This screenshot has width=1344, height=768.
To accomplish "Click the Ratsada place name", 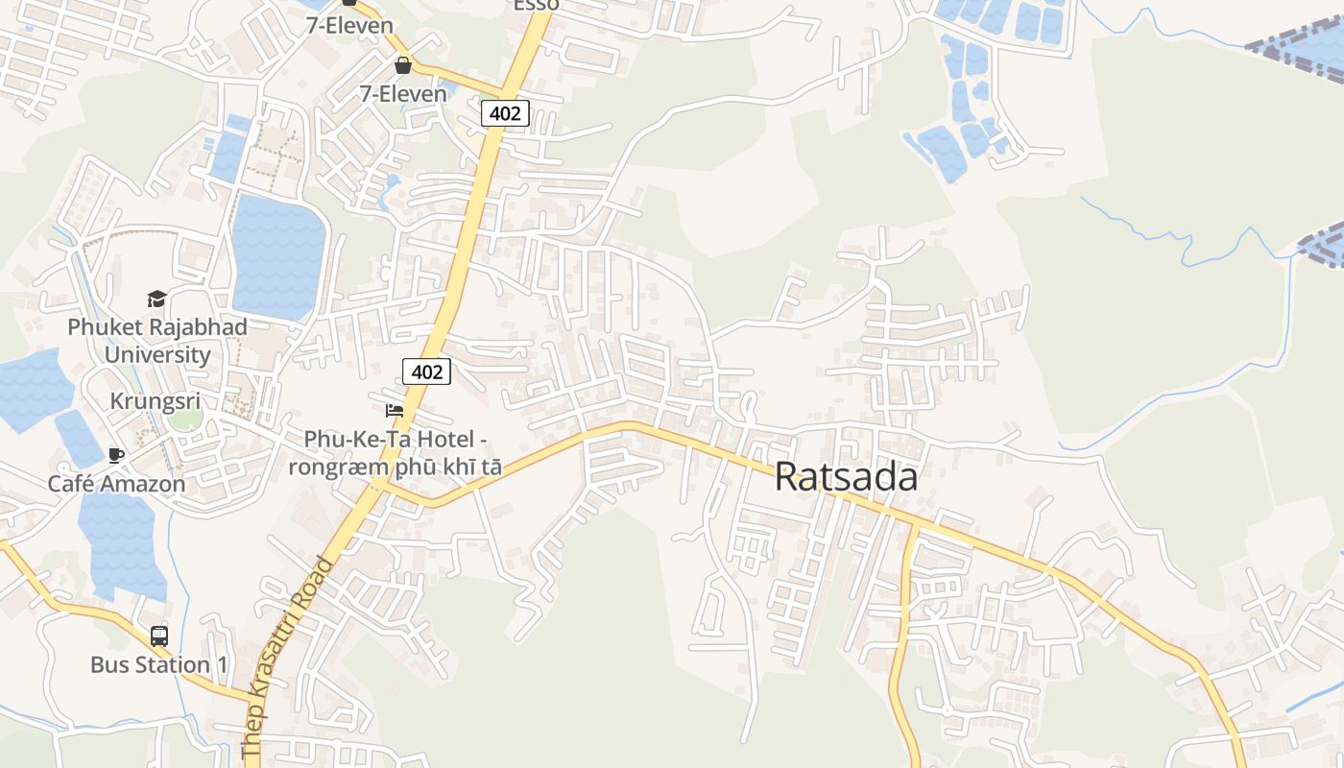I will (846, 477).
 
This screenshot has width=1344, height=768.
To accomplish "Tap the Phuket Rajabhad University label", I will (157, 340).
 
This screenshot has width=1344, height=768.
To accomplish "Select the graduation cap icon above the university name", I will (156, 300).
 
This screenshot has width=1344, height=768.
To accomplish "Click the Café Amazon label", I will (117, 483).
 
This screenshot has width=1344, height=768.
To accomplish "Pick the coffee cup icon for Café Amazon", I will (116, 455).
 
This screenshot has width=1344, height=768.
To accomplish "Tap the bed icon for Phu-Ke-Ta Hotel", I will (394, 411).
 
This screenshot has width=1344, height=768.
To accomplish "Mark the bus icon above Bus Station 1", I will (159, 636).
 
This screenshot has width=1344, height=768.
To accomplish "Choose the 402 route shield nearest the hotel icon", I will (426, 372).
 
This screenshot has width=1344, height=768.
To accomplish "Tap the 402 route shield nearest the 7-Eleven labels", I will (505, 113).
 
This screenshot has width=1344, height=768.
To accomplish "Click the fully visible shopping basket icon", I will (403, 65).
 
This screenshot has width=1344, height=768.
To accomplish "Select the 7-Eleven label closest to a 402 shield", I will (403, 93).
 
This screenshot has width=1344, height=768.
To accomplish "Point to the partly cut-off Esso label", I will (537, 5).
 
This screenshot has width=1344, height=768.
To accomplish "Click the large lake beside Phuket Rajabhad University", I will (278, 254).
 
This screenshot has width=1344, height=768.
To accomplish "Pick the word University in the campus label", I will (157, 354).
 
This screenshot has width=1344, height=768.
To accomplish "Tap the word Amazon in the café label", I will (143, 483).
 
